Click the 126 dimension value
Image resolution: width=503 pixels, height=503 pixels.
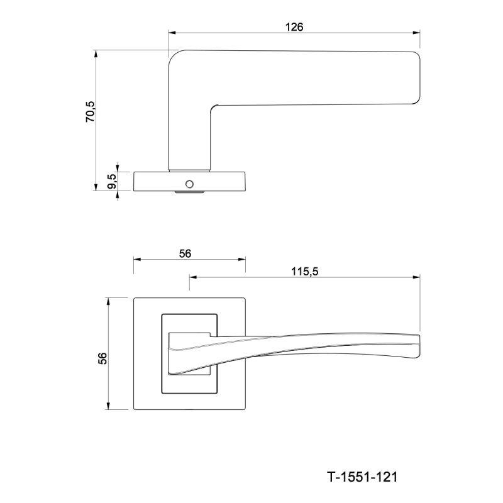(294, 27)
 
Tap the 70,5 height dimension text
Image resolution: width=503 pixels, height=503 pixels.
(91, 111)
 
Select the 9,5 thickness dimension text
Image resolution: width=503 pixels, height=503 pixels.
(112, 181)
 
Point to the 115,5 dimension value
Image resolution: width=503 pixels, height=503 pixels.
(304, 272)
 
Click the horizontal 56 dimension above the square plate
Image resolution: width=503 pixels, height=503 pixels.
(185, 254)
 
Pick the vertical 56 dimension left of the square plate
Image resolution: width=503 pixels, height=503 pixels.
(102, 358)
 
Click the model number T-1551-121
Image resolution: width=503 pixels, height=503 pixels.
(362, 477)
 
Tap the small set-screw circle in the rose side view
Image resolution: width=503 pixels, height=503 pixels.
(190, 184)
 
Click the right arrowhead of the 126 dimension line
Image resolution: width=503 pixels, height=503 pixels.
(416, 33)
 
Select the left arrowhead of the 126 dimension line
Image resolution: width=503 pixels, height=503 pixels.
(172, 33)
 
